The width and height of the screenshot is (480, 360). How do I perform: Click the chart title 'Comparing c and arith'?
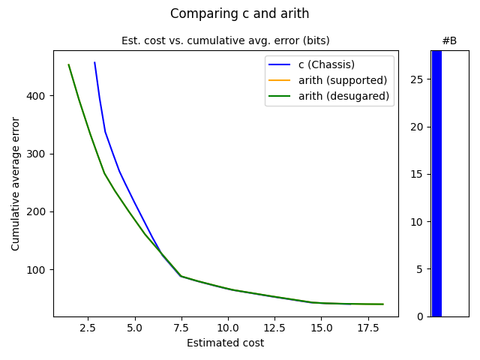(x=239, y=13)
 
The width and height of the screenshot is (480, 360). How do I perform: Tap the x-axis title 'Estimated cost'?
(x=225, y=343)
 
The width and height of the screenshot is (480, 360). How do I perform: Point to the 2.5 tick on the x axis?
(x=88, y=328)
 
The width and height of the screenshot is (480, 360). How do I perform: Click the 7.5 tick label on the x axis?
(x=181, y=328)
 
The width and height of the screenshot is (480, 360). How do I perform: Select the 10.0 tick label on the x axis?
(x=228, y=328)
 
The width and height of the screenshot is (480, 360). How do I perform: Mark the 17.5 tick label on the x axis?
(x=367, y=328)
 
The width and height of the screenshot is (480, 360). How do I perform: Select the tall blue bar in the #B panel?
(x=436, y=183)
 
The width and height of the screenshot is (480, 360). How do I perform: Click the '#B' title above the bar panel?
(x=449, y=40)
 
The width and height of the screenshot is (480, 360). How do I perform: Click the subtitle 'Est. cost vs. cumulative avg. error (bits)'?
(x=225, y=40)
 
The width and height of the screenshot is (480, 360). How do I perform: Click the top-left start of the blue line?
(x=94, y=62)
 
